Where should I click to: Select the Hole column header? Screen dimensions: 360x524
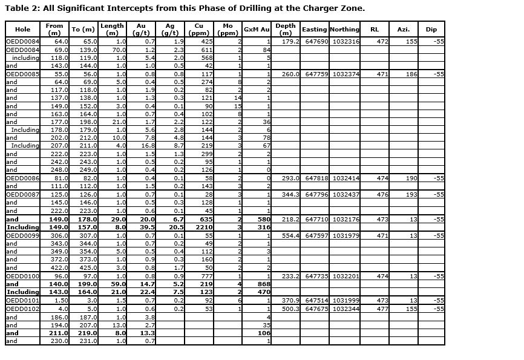click(22, 29)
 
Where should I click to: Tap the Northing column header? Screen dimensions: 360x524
click(345, 29)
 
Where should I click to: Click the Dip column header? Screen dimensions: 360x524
click(431, 29)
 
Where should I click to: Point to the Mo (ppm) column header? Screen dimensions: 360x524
click(228, 29)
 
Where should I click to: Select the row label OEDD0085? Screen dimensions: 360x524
click(22, 74)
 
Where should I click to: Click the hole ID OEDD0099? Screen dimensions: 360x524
click(22, 235)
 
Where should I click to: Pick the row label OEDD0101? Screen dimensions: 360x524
click(22, 300)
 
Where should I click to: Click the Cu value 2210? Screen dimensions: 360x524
click(204, 227)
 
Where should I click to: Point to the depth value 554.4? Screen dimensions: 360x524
click(290, 235)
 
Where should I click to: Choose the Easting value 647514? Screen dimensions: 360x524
click(315, 300)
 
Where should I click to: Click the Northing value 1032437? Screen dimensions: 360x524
click(346, 195)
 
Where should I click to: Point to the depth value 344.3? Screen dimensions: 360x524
click(290, 195)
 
